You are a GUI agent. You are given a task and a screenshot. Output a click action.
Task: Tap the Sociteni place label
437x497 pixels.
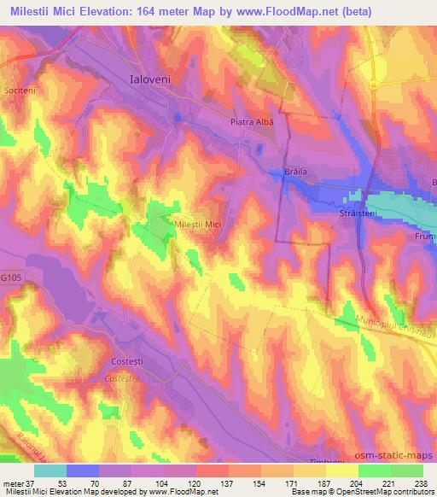tap(18, 90)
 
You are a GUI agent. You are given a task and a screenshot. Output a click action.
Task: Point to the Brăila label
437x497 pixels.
tap(295, 172)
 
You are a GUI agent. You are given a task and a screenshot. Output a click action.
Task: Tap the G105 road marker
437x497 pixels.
tap(11, 278)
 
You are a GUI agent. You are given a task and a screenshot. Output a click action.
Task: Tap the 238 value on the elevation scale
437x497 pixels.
tap(420, 483)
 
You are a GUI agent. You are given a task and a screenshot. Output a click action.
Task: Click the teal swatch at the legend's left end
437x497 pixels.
tap(50, 471)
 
